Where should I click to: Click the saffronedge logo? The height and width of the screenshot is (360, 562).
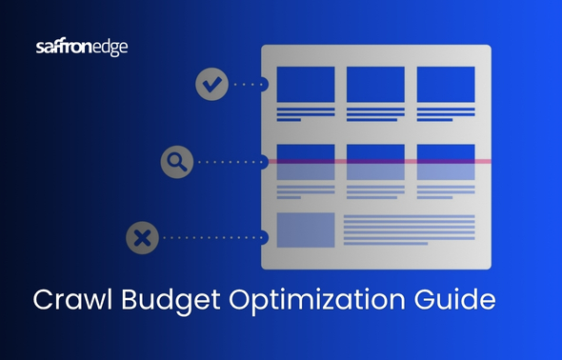pyautogui.click(x=81, y=46)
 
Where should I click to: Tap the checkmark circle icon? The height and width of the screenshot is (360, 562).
pyautogui.click(x=212, y=84)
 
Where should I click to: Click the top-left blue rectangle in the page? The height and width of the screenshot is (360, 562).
pyautogui.click(x=305, y=84)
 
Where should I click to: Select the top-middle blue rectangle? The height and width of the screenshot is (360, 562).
pyautogui.click(x=375, y=84)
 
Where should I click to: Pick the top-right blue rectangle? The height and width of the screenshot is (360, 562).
pyautogui.click(x=446, y=84)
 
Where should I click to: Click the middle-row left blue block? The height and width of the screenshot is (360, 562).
pyautogui.click(x=305, y=162)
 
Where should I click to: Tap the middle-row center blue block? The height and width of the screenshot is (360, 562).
pyautogui.click(x=375, y=162)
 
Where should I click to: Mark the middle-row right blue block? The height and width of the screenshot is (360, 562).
pyautogui.click(x=446, y=162)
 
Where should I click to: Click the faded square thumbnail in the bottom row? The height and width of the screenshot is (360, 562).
pyautogui.click(x=305, y=230)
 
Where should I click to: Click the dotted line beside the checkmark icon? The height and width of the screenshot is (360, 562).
pyautogui.click(x=250, y=84)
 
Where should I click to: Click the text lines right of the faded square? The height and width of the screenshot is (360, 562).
pyautogui.click(x=409, y=230)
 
